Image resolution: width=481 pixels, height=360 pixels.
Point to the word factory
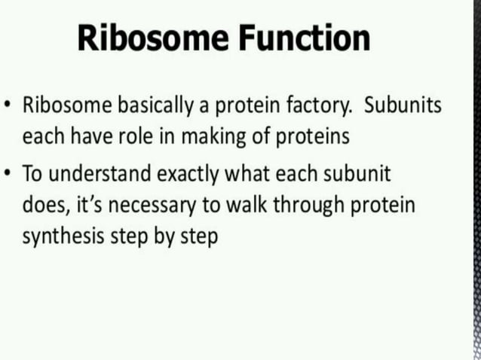(x=320, y=105)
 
